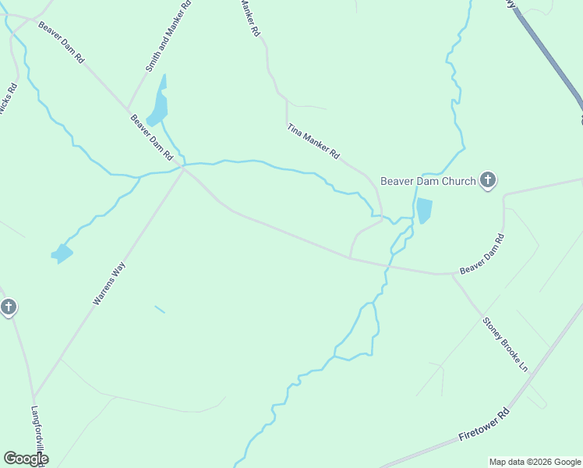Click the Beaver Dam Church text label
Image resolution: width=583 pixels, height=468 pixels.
428,182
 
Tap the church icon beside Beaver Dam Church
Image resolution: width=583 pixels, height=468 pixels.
488,181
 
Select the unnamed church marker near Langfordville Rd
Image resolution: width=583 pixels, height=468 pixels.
8,307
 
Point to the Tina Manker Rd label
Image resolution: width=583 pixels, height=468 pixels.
313,142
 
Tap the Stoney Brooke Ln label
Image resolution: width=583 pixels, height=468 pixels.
505,343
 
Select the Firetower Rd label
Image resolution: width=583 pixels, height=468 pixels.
483,424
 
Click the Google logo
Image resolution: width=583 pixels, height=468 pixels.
26,459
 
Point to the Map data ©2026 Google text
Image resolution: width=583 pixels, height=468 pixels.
535,462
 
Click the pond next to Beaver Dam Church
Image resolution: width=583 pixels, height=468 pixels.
423,211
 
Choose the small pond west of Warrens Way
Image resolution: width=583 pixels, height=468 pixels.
62,253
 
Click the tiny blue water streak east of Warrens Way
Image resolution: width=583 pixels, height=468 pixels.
160,309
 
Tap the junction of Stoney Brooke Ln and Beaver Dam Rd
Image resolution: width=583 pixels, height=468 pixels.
453,274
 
